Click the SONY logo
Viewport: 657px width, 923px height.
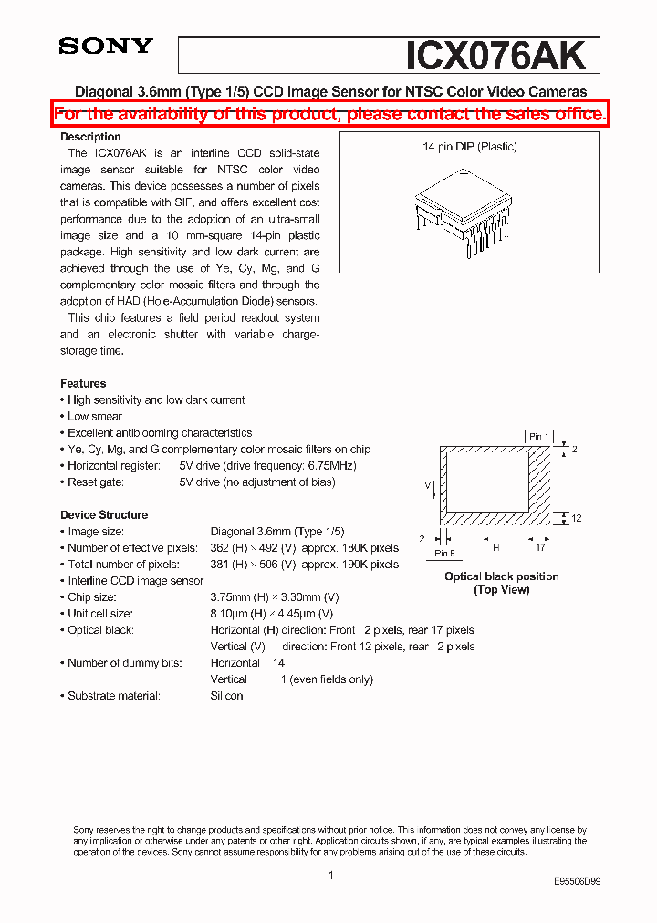(106, 47)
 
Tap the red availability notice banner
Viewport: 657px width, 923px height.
(329, 114)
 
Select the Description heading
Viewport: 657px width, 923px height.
(90, 137)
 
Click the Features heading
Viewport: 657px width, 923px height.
(83, 383)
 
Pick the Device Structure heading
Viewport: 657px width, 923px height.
(104, 514)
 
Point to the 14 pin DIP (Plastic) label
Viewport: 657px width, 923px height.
(469, 147)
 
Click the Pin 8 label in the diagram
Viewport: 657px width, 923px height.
(444, 553)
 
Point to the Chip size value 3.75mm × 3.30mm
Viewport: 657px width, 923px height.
(274, 597)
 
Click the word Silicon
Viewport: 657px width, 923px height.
(226, 696)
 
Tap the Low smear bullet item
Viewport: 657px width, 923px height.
(95, 416)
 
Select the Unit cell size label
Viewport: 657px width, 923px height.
(100, 614)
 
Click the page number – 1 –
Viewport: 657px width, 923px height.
(329, 876)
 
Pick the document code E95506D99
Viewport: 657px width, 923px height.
(577, 882)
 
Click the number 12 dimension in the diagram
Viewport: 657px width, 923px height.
(577, 518)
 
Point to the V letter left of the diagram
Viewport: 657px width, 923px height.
(427, 486)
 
